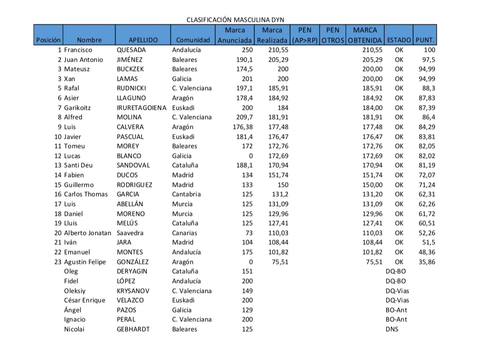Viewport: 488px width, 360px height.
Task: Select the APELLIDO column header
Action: (143, 40)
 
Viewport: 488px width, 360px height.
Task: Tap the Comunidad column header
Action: (193, 40)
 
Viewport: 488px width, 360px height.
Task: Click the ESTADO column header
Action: (399, 40)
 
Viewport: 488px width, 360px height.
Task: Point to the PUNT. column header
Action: (425, 40)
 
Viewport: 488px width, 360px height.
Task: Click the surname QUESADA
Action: (131, 50)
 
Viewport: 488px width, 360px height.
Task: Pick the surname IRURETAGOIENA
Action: (142, 108)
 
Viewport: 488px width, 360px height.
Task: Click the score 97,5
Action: (429, 60)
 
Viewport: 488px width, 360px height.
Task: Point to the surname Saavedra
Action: (132, 233)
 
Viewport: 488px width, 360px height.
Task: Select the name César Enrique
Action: (84, 300)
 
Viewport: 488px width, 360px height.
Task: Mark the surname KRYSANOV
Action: (133, 291)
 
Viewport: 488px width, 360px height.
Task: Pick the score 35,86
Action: (426, 262)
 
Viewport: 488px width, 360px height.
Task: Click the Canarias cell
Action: (185, 233)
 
